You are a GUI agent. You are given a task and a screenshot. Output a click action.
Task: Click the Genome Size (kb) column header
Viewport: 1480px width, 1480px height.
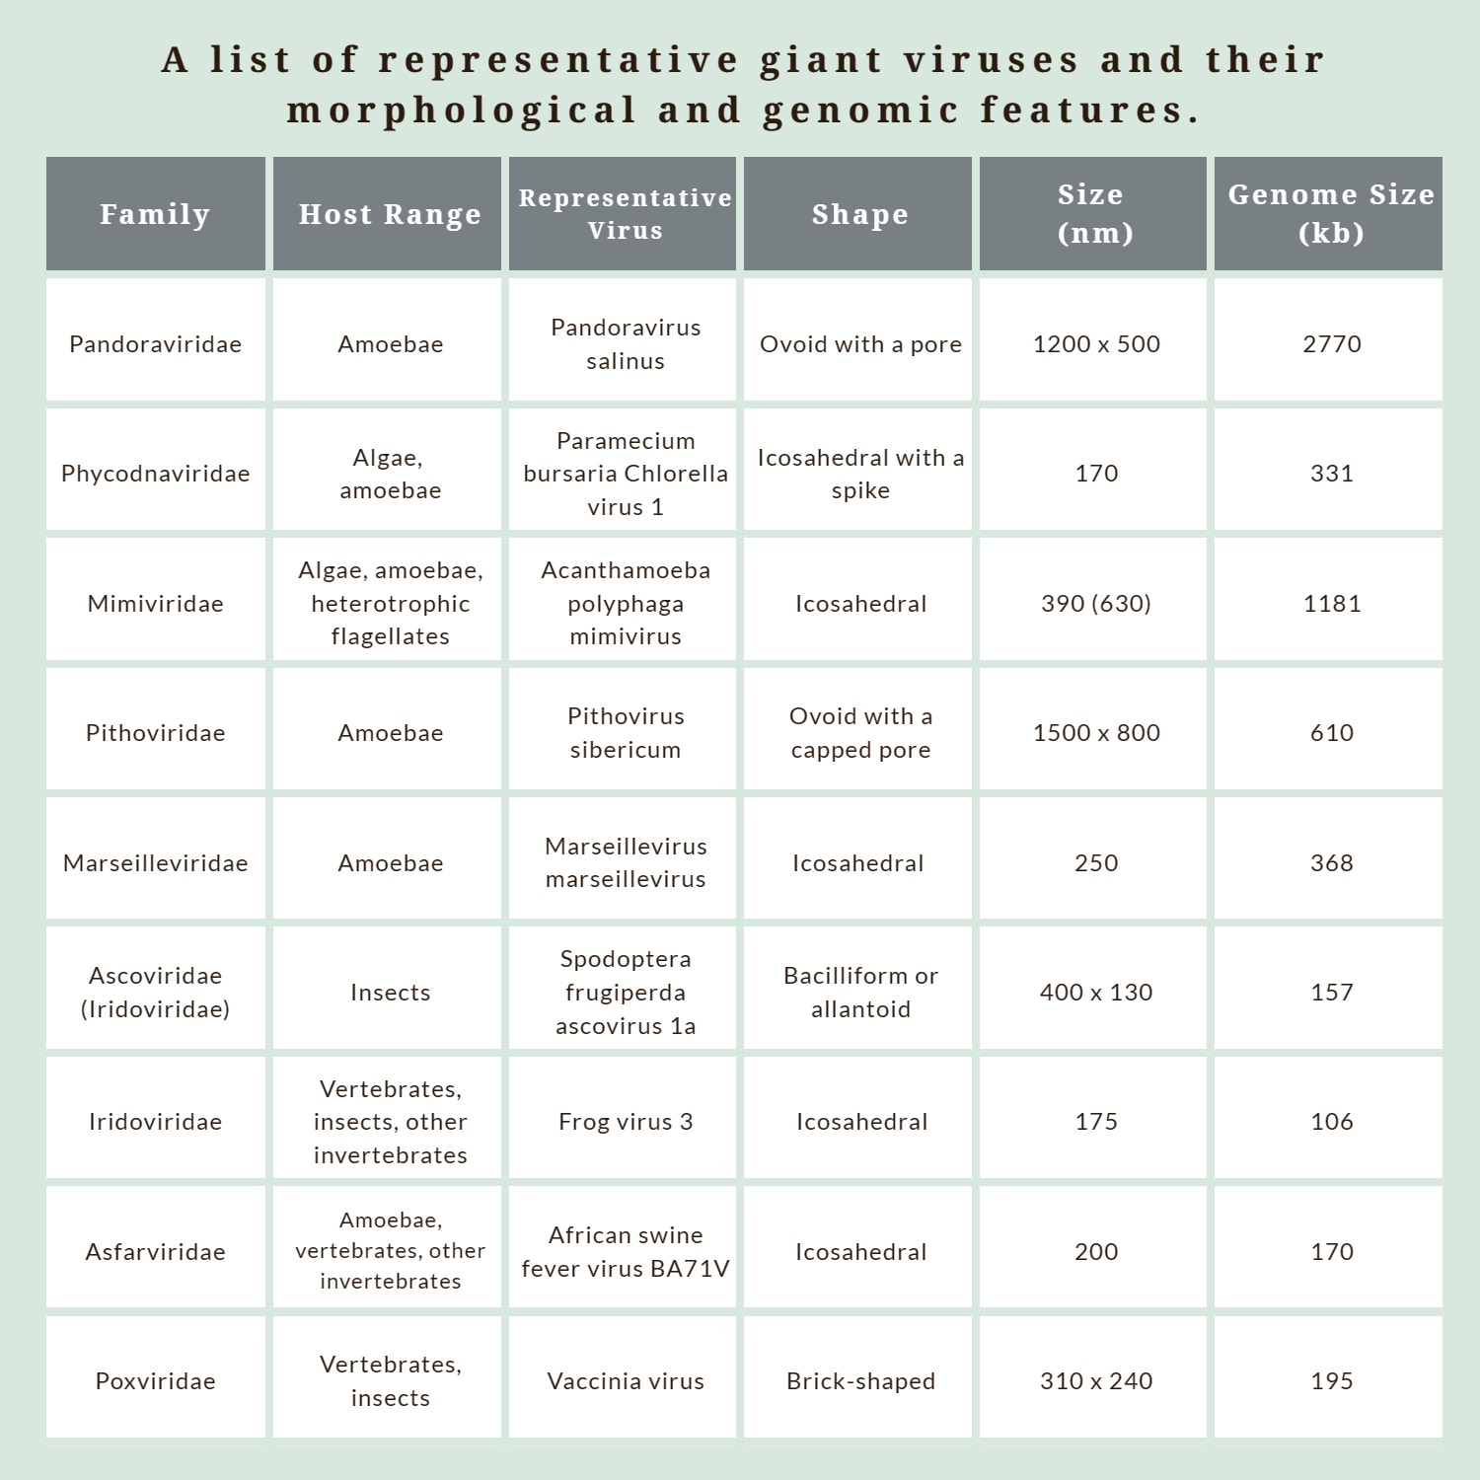pos(1330,213)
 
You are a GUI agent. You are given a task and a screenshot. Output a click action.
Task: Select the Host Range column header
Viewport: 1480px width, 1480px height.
pos(390,214)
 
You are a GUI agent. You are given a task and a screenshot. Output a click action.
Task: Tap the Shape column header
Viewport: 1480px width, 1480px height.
pos(859,214)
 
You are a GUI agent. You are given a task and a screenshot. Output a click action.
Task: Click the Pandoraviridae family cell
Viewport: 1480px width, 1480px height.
pos(155,344)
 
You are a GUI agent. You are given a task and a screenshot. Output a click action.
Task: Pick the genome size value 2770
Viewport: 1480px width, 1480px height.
pos(1331,344)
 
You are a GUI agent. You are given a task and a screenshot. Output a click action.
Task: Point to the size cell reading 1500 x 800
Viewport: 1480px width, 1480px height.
pos(1095,733)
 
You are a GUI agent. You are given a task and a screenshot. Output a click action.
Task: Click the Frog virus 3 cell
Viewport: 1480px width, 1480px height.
pos(625,1122)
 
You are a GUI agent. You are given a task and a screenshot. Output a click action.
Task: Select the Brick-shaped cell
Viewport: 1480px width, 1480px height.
pos(860,1381)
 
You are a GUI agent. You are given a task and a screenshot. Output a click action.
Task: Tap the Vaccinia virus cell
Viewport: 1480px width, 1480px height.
pos(625,1381)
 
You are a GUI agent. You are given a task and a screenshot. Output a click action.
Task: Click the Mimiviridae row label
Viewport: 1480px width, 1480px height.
pos(155,604)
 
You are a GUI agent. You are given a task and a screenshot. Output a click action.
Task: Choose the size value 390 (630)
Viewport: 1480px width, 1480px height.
pos(1095,604)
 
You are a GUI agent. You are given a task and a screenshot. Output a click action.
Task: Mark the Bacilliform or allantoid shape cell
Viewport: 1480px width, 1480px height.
pos(860,993)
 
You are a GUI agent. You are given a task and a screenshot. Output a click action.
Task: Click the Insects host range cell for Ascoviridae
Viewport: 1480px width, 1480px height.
pos(390,993)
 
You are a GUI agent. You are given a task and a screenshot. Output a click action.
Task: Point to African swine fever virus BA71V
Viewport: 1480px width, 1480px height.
pos(625,1252)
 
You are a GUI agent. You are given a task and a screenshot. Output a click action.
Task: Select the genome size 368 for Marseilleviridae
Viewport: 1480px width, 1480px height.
pos(1331,863)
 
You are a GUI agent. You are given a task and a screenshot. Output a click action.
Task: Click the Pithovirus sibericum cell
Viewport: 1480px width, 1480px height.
pos(625,733)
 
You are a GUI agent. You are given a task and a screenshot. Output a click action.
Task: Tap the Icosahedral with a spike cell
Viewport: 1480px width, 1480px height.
pos(860,474)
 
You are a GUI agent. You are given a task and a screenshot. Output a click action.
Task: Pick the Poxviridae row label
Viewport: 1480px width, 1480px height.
pos(155,1381)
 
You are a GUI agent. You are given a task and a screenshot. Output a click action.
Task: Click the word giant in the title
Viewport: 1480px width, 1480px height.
pos(820,61)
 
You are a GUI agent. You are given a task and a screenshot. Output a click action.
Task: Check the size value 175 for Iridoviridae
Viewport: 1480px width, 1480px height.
pos(1095,1122)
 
